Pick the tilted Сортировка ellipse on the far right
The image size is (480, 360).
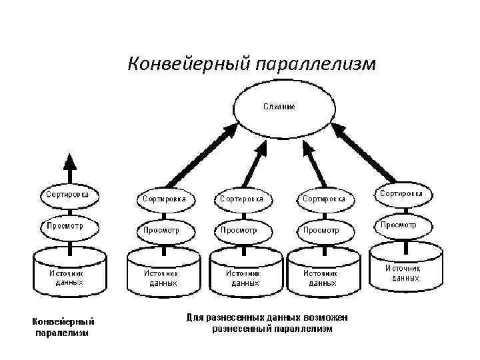[405, 193]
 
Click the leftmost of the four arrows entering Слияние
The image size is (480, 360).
[196, 156]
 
